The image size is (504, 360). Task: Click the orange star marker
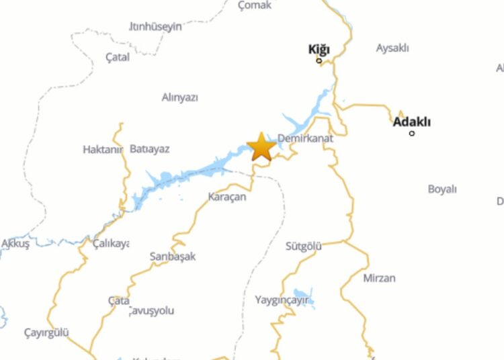pyautogui.click(x=261, y=146)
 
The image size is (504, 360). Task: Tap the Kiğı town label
pyautogui.click(x=319, y=48)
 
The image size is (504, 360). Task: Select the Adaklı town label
pyautogui.click(x=411, y=122)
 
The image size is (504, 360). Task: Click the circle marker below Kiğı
pyautogui.click(x=319, y=61)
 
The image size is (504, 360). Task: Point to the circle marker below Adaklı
pyautogui.click(x=412, y=133)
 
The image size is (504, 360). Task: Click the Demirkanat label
pyautogui.click(x=304, y=138)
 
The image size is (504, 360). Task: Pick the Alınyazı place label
pyautogui.click(x=180, y=97)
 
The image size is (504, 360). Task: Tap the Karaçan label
pyautogui.click(x=227, y=197)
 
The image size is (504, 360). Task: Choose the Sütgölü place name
pyautogui.click(x=304, y=246)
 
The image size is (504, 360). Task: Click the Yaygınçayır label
pyautogui.click(x=282, y=300)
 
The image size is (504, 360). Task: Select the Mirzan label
pyautogui.click(x=379, y=277)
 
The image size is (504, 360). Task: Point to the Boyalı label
pyautogui.click(x=442, y=189)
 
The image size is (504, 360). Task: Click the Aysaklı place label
pyautogui.click(x=392, y=48)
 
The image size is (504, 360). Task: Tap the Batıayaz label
pyautogui.click(x=149, y=148)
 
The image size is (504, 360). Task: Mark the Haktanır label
pyautogui.click(x=103, y=149)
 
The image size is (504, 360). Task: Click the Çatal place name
pyautogui.click(x=118, y=57)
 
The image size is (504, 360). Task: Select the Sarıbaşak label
pyautogui.click(x=173, y=257)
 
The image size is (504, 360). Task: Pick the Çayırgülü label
pyautogui.click(x=46, y=332)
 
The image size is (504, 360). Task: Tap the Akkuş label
pyautogui.click(x=15, y=244)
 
